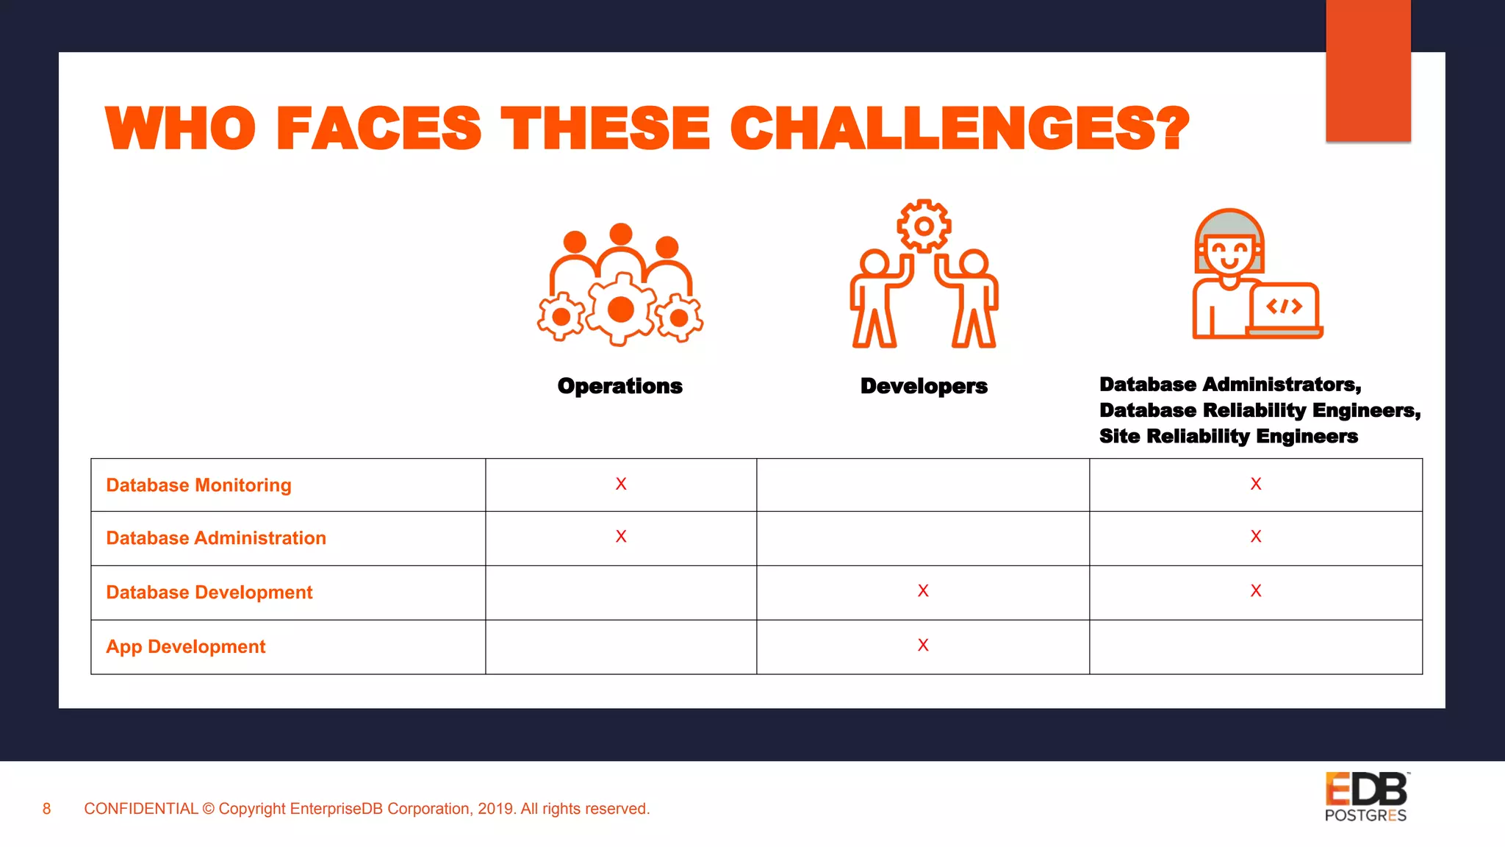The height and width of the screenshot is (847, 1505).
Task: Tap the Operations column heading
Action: pos(619,386)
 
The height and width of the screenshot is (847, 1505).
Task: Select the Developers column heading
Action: pos(924,386)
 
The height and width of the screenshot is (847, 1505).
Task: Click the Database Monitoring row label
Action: pos(198,485)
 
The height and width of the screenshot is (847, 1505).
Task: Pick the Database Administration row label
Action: pos(216,538)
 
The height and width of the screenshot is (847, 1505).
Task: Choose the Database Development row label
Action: pos(209,593)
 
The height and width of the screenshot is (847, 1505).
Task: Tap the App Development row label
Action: pos(185,647)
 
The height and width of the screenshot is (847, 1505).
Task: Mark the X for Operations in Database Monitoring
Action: pos(621,484)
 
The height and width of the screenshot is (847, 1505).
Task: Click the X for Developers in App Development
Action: pos(923,645)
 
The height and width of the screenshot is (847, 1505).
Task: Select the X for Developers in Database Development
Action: pos(923,590)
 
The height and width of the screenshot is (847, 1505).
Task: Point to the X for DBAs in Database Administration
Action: pos(1256,537)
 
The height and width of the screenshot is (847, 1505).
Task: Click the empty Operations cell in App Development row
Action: pos(621,647)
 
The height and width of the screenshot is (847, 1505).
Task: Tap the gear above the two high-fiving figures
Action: pos(924,226)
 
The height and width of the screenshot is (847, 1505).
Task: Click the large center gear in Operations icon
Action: pos(621,309)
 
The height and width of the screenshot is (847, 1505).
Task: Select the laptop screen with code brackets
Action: pos(1284,307)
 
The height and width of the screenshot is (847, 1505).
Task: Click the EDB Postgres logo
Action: pos(1366,796)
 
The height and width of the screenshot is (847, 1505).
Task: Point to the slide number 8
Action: pos(46,809)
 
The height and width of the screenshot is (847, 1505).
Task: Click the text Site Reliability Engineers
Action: pos(1228,437)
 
